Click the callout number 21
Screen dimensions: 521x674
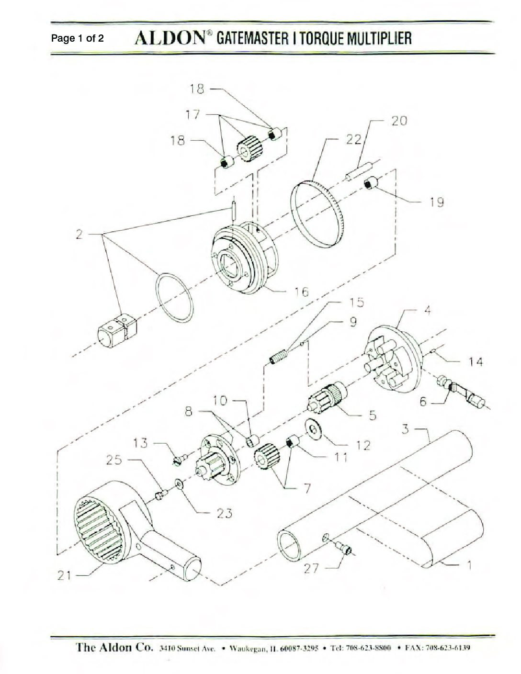[x=64, y=576]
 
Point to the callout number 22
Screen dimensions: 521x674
[x=354, y=140]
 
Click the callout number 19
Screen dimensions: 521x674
[x=437, y=202]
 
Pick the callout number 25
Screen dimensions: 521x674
[x=114, y=460]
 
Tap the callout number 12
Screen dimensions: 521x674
[x=363, y=445]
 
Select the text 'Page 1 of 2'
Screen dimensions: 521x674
[x=78, y=38]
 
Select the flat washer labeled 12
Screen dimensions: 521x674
[x=313, y=429]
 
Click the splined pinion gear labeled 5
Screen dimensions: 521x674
[x=328, y=398]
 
